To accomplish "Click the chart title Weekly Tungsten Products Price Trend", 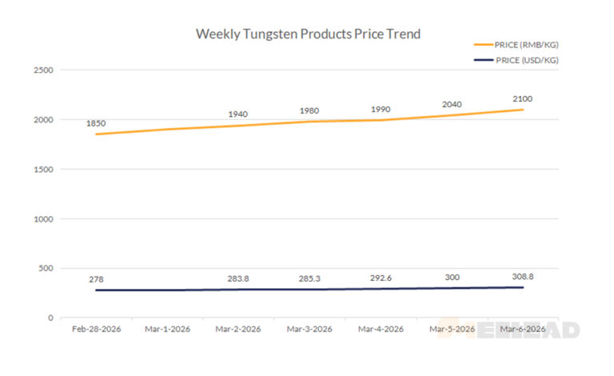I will coord(308,34).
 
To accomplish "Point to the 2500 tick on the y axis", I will coord(44,70).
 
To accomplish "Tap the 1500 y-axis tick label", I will coord(44,170).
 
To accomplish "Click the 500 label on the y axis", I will coord(46,268).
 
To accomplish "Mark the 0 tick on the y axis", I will coord(50,318).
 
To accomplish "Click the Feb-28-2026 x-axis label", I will coord(96,330).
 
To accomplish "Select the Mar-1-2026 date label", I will coord(167,330).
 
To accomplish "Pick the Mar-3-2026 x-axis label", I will coord(309,330).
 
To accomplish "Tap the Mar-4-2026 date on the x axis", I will coord(381,330).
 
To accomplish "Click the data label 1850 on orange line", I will coord(97,124).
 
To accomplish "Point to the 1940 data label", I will coord(238,114).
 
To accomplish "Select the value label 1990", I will coord(381,110).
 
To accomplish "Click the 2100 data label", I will coord(522,99).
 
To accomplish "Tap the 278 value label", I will coord(97,279).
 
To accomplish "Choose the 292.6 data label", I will coord(381,278).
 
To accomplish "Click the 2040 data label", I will coord(452,104).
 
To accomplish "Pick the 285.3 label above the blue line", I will coord(309,279).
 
